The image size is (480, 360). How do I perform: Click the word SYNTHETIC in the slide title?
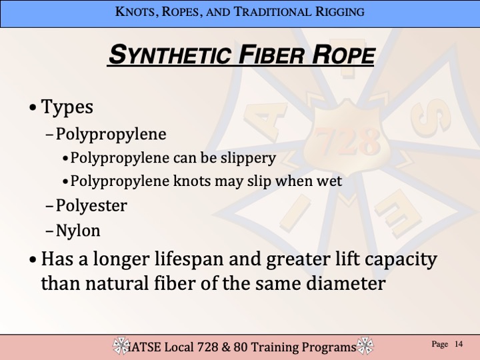coord(169,55)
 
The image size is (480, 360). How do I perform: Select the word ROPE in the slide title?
coord(343,55)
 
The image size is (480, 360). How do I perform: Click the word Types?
coord(67,107)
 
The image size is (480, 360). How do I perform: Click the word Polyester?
coord(91,205)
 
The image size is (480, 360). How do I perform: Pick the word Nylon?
coord(78,231)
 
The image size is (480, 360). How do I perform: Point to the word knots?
coord(192,181)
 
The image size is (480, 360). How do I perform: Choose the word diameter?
coord(346,283)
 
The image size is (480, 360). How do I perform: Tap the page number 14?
coord(459,344)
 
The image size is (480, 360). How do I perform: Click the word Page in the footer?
coord(439,345)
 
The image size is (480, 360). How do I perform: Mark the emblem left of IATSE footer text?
coord(121,346)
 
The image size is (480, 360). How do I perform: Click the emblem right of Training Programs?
coord(365,346)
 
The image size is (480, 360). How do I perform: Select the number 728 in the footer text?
coord(207,347)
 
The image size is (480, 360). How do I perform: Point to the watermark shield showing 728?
coord(347,140)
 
